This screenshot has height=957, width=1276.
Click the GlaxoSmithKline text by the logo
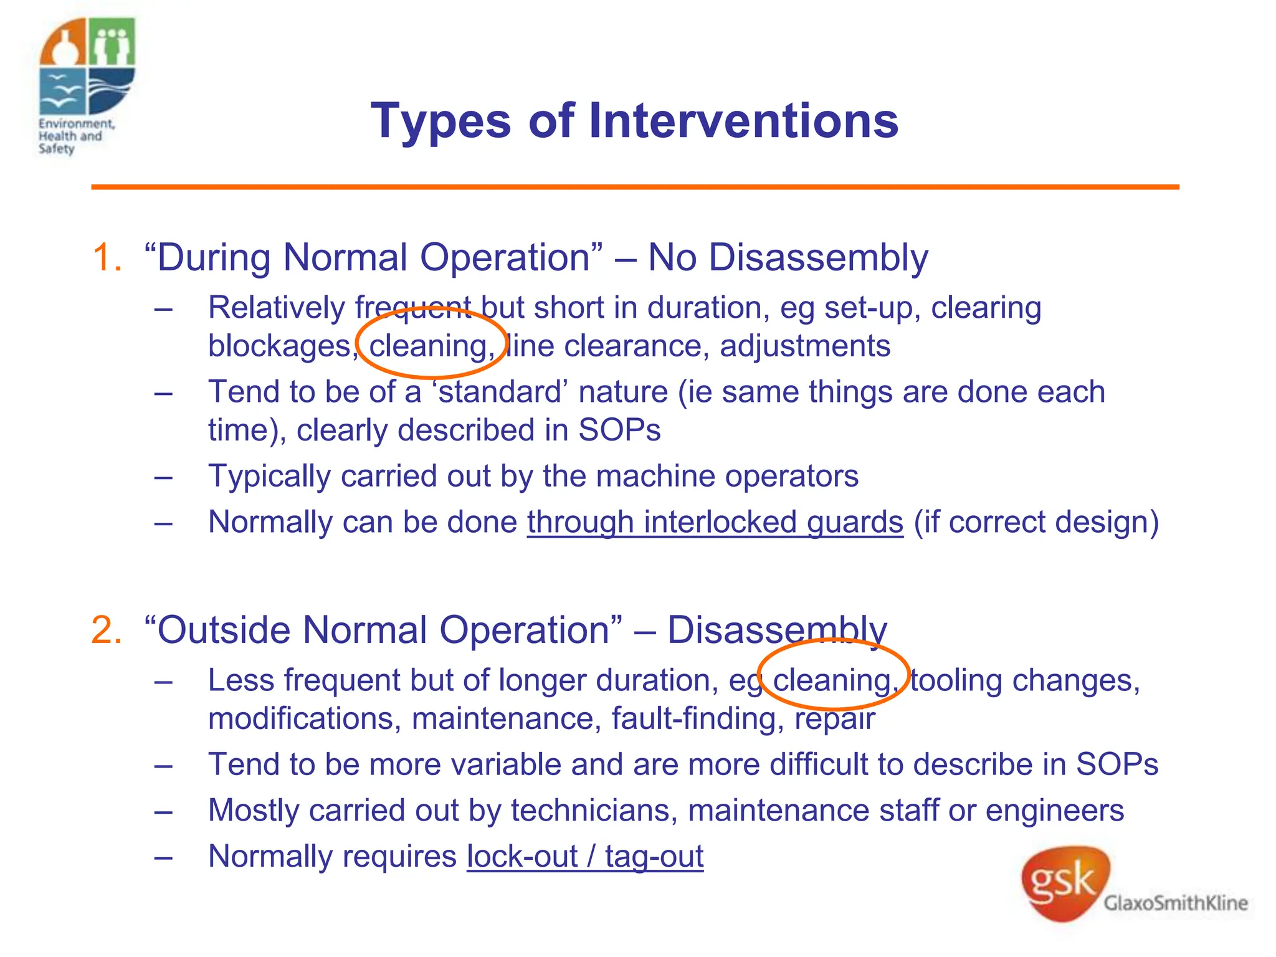click(1175, 903)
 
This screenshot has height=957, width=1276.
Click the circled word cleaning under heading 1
click(429, 346)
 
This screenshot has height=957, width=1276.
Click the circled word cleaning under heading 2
click(832, 680)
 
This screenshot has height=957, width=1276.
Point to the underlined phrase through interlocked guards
click(715, 522)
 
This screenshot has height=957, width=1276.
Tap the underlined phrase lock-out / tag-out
click(585, 857)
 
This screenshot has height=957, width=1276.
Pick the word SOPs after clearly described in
click(619, 431)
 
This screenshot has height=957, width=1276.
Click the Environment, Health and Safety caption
click(75, 136)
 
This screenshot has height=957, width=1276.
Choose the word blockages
click(280, 346)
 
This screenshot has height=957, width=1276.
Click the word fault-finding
click(693, 718)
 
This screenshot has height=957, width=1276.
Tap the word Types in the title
click(440, 121)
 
